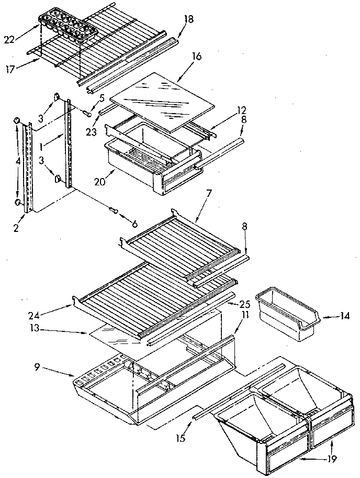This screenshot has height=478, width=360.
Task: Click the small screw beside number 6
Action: click(x=113, y=210)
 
